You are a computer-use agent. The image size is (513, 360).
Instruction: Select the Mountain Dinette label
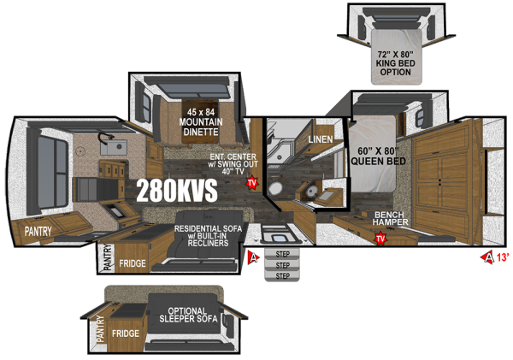204,121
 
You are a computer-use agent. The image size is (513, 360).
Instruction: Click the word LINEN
320,139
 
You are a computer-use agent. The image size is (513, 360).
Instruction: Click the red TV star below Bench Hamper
379,238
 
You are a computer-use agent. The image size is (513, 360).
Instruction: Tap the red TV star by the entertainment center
252,182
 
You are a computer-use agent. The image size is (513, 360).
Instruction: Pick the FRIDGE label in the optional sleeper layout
125,334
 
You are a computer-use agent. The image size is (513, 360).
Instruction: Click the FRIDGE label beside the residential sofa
133,263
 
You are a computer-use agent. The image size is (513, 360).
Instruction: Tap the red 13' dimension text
502,257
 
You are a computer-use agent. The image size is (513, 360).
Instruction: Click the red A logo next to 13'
488,257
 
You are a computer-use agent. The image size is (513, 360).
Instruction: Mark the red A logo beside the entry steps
253,257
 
